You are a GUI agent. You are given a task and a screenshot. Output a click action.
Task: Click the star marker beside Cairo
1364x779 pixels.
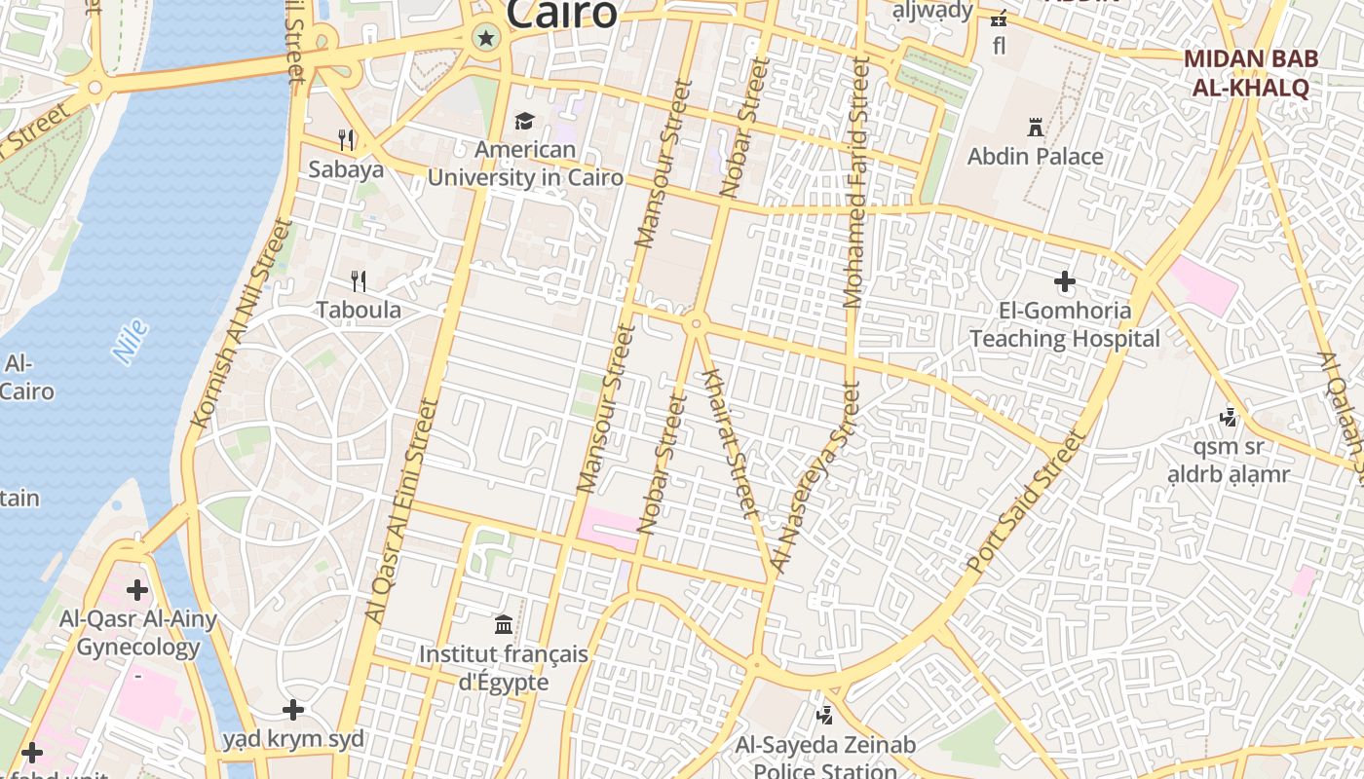click(x=485, y=39)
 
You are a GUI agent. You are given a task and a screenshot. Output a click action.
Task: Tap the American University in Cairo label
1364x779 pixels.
click(x=525, y=164)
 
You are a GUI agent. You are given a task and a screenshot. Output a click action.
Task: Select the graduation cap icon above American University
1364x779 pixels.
click(x=525, y=122)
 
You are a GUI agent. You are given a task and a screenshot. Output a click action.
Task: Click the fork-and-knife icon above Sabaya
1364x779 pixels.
click(x=346, y=139)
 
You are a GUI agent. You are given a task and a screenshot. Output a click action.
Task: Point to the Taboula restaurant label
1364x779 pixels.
click(x=359, y=310)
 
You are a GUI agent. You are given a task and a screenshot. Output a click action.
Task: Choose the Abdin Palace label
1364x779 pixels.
click(x=1035, y=157)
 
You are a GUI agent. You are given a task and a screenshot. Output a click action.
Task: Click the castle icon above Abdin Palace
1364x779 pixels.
click(x=1035, y=127)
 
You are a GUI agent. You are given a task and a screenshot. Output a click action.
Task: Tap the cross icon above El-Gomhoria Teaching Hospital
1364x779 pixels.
click(x=1064, y=282)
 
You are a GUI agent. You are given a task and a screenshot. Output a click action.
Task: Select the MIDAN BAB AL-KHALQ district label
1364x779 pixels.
click(x=1251, y=72)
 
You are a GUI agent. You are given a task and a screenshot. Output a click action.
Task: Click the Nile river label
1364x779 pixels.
click(x=130, y=342)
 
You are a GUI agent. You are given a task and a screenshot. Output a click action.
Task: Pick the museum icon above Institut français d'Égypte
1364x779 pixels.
click(x=504, y=624)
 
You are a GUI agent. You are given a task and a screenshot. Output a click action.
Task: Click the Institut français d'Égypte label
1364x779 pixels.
click(x=504, y=668)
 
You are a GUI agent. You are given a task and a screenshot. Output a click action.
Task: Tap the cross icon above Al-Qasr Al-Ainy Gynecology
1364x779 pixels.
click(x=137, y=589)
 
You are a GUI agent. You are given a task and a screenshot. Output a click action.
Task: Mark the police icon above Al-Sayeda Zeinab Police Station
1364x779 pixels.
click(x=825, y=716)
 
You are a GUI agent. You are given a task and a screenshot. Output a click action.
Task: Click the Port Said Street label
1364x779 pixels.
click(x=1025, y=502)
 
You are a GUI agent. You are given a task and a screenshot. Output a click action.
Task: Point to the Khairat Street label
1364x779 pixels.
click(x=730, y=443)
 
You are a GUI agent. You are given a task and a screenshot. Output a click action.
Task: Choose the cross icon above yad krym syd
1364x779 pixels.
click(x=293, y=710)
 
